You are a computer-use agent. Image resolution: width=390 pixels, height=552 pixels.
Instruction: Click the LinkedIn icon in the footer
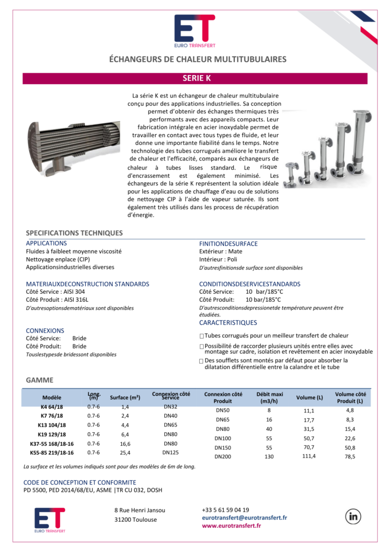click(x=353, y=516)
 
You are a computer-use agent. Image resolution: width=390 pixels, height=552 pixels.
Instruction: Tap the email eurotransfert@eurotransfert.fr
click(x=244, y=517)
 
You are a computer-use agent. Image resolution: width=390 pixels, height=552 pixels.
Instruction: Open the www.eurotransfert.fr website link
click(x=231, y=526)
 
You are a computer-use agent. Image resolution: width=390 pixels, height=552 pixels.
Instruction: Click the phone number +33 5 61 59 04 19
click(x=226, y=509)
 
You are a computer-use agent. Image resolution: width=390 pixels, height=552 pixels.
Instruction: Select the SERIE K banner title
click(x=196, y=78)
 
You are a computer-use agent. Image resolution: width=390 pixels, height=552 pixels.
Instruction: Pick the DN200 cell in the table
click(x=222, y=457)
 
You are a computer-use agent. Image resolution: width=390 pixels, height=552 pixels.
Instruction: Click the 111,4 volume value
click(x=309, y=457)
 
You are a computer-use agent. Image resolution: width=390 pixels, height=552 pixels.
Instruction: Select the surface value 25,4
click(x=125, y=453)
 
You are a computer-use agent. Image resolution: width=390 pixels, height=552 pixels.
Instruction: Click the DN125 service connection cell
click(x=170, y=452)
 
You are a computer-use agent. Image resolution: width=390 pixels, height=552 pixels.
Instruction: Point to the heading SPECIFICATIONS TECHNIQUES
click(x=74, y=233)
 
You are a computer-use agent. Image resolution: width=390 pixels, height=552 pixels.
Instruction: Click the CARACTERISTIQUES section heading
click(x=228, y=323)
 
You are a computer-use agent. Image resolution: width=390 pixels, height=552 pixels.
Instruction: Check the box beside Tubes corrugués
click(x=201, y=336)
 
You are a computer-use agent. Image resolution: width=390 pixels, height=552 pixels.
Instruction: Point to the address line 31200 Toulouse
click(x=136, y=520)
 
